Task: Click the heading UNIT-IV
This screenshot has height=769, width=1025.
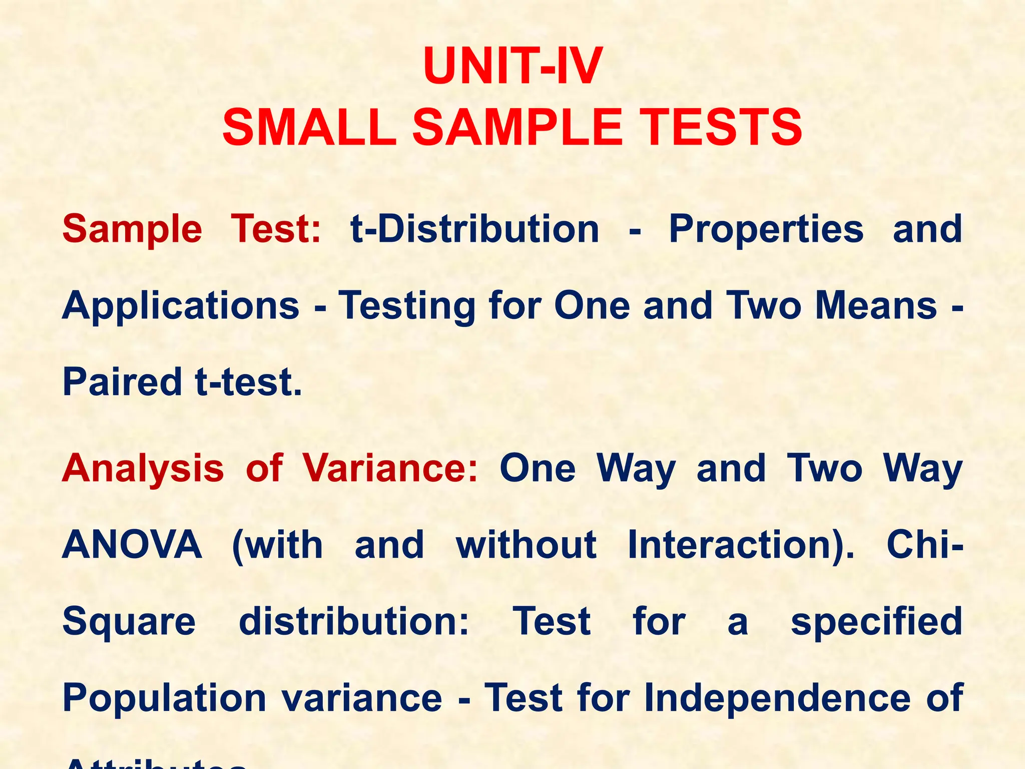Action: tap(512, 67)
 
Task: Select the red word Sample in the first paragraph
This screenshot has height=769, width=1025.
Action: tap(132, 229)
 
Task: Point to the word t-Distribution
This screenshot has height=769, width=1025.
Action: tap(474, 229)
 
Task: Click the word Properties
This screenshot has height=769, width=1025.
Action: tap(766, 229)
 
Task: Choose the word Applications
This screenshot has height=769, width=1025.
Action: tap(181, 306)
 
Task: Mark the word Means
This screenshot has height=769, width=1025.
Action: tap(876, 305)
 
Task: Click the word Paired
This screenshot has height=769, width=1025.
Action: tap(122, 382)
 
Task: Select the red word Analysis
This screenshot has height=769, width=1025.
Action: tap(143, 469)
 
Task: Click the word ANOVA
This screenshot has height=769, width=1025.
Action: tap(132, 545)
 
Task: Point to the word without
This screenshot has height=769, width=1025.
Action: tap(526, 545)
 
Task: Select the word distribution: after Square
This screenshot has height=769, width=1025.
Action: tap(354, 621)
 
